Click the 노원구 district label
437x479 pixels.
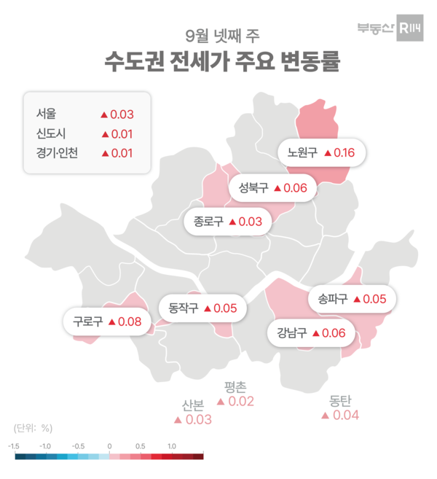(302, 153)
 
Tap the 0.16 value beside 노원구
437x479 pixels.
(343, 153)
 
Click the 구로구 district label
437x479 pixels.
(87, 321)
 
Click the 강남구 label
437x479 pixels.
(291, 333)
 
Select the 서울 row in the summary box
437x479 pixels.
(45, 114)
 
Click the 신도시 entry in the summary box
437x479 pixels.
(50, 133)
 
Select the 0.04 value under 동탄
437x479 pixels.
(345, 416)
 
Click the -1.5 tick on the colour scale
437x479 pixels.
(14, 445)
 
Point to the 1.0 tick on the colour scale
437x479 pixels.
(172, 445)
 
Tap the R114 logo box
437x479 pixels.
(409, 28)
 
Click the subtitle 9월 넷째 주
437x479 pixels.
(218, 34)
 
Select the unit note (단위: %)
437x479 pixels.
(34, 427)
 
